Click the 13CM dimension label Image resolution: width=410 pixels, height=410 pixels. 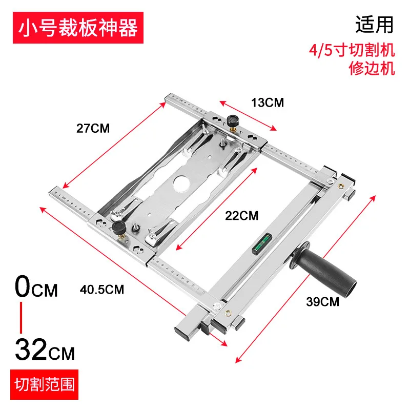point(267,102)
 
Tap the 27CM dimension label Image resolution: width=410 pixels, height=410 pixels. point(93,128)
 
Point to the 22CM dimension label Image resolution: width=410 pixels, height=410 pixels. point(242,215)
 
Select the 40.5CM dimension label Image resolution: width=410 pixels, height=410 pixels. point(102,289)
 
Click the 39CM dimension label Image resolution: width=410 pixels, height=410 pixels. point(322,301)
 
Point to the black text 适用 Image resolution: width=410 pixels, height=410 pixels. point(375,25)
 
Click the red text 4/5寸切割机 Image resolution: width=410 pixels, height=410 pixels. point(353,50)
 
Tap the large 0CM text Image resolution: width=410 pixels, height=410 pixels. point(36,288)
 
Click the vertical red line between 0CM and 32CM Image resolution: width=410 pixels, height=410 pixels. point(22,318)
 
